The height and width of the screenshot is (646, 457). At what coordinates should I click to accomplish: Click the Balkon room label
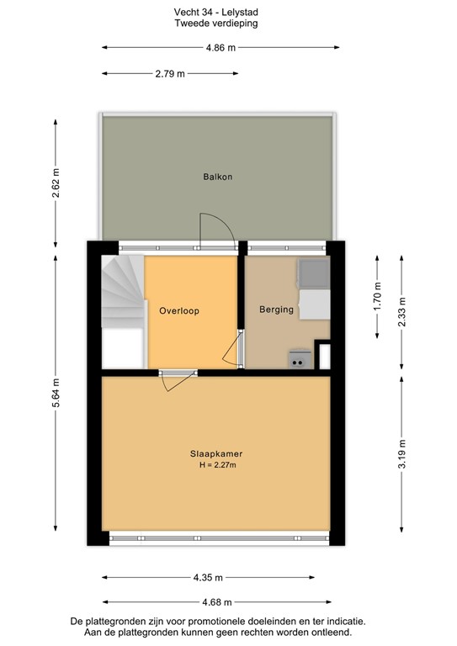coord(217,177)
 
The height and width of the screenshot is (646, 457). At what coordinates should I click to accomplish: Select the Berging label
coord(276,310)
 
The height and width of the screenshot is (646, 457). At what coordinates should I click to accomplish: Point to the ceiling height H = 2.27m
coord(217,465)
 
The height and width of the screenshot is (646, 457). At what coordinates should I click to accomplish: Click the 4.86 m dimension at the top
coord(221,48)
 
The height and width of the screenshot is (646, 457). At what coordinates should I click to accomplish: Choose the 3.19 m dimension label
coord(402,454)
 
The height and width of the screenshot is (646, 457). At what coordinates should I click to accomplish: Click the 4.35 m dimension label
coord(215,578)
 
